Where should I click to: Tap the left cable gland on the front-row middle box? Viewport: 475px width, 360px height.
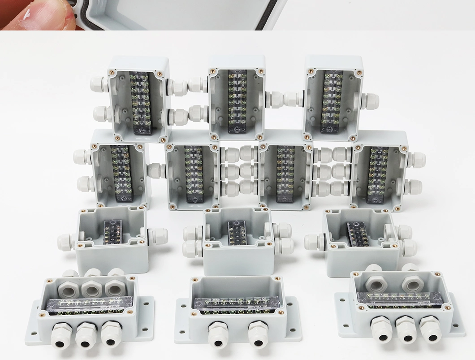[x=218, y=334]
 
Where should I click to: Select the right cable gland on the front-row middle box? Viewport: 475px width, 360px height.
[x=258, y=334]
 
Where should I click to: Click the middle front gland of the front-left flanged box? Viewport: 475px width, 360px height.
[x=86, y=334]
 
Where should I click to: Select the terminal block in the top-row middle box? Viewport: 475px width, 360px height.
[x=237, y=101]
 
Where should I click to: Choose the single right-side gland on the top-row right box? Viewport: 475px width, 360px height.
[x=370, y=101]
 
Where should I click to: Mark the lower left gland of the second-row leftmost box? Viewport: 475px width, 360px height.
[x=86, y=183]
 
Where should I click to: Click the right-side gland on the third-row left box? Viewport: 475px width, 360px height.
[x=157, y=236]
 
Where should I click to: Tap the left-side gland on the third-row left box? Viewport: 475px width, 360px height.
[x=66, y=241]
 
